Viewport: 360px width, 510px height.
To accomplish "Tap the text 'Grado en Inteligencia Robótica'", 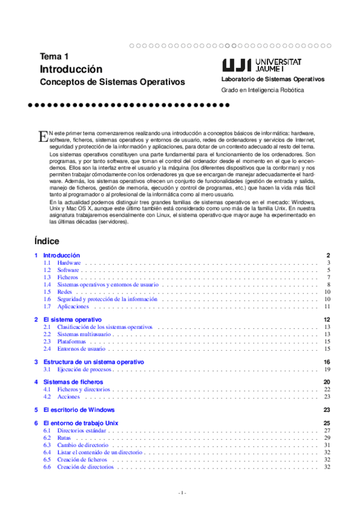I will tap(263, 90).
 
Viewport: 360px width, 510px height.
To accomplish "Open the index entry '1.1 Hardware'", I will tap(69, 263).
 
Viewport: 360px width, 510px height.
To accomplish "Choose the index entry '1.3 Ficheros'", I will tap(67, 277).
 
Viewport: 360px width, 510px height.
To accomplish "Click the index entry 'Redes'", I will tap(64, 292).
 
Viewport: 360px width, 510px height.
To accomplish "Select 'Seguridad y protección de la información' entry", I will tap(107, 299).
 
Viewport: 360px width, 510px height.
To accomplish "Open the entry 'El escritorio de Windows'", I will tap(79, 410).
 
